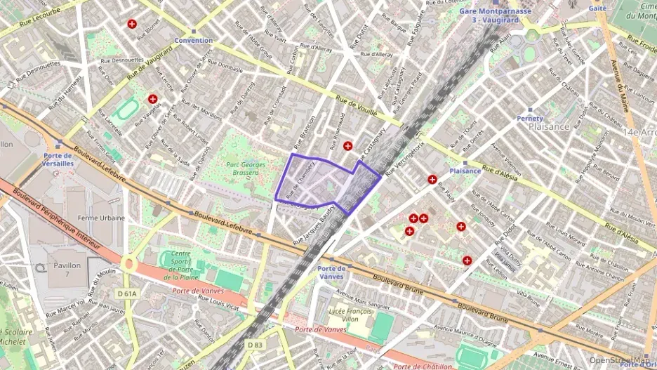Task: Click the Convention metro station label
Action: coord(194,40)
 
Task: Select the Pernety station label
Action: coord(530,119)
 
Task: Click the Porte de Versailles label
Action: coord(58,159)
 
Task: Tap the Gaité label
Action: coord(597,8)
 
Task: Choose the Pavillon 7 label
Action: coord(67,270)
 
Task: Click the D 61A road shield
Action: coord(127,293)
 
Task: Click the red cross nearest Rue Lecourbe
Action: coord(131,24)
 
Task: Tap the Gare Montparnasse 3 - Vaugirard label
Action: coord(496,15)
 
